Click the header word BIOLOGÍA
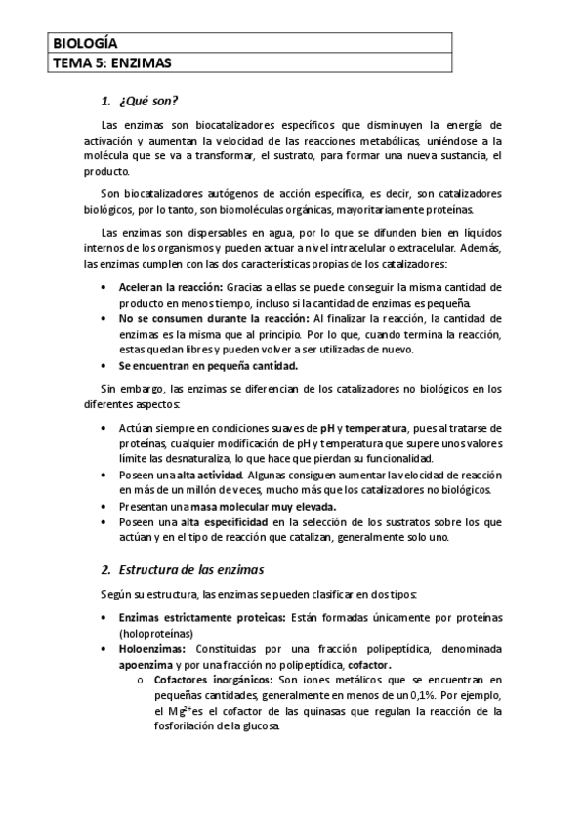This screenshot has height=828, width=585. pyautogui.click(x=84, y=43)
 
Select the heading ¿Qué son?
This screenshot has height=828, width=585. pyautogui.click(x=146, y=102)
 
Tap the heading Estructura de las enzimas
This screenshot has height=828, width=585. pyautogui.click(x=190, y=568)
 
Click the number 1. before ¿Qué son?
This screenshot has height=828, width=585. pyautogui.click(x=106, y=102)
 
